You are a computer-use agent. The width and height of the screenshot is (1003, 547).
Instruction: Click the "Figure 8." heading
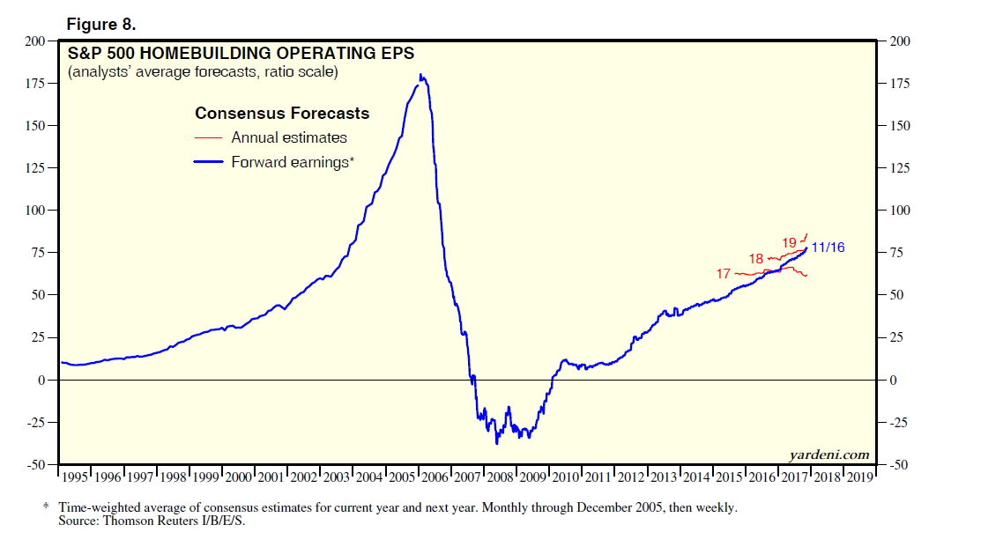[x=100, y=24]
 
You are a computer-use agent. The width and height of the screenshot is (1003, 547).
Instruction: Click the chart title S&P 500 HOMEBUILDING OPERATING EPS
[x=241, y=53]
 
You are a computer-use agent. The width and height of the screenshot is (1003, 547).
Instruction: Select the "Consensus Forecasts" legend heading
[x=282, y=114]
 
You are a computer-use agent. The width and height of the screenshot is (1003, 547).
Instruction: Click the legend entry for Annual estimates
[x=288, y=137]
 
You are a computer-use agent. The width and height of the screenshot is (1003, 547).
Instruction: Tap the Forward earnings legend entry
[x=292, y=162]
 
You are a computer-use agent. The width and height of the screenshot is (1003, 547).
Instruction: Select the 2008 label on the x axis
[x=500, y=477]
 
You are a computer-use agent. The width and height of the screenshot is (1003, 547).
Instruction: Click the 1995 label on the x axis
[x=75, y=477]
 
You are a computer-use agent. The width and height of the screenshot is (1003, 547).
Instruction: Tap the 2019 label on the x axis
[x=859, y=477]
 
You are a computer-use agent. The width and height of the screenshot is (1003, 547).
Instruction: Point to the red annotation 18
[x=756, y=259]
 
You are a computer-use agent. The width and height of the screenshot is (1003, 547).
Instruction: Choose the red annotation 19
[x=789, y=242]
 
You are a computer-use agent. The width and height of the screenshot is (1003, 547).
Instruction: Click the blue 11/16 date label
[x=828, y=248]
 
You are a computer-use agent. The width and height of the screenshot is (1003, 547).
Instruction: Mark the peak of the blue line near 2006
[x=420, y=76]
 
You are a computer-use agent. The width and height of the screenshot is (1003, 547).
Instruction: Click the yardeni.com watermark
[x=829, y=455]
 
